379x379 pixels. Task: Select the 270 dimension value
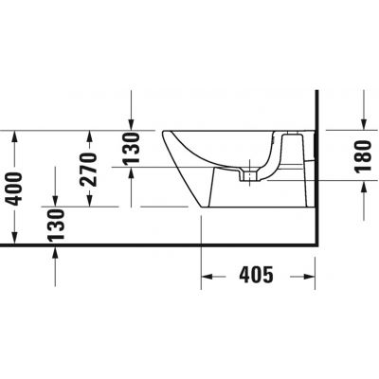[88, 171]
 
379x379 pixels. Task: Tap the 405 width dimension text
[255, 276]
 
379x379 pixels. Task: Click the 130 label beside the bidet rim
[132, 148]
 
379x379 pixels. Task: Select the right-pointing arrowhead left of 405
[209, 277]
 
